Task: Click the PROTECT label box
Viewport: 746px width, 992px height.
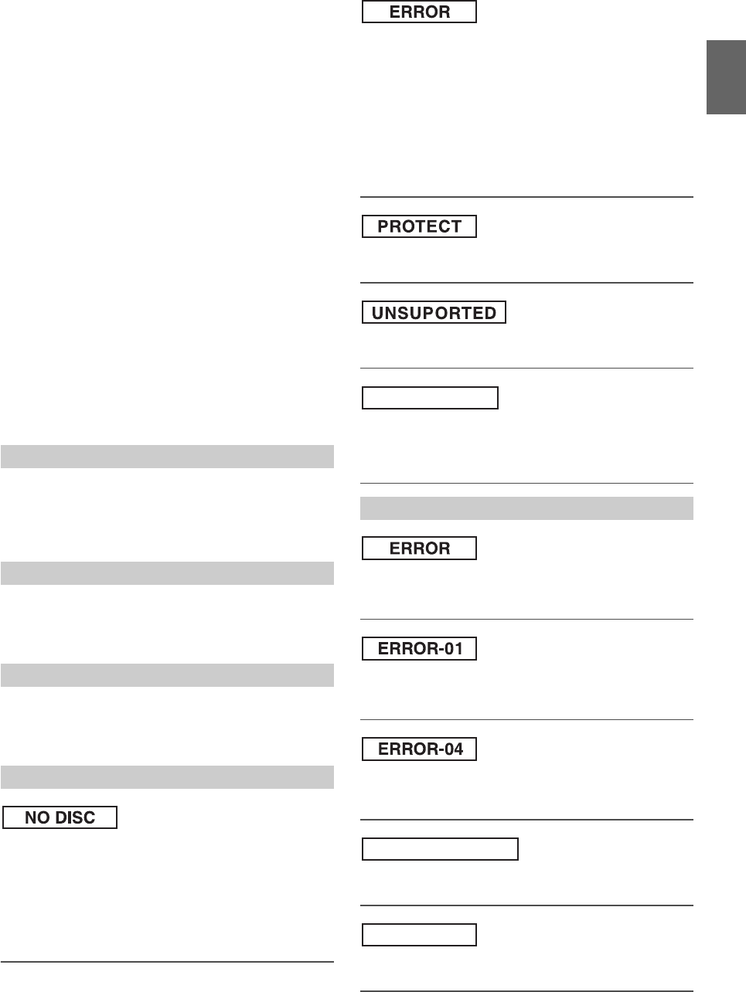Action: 419,226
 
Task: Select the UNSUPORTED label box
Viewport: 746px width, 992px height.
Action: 434,313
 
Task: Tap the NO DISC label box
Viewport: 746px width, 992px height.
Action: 60,817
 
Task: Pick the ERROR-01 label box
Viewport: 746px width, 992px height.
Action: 419,649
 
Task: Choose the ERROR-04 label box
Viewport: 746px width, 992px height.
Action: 419,749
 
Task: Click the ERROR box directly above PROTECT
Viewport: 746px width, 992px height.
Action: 419,12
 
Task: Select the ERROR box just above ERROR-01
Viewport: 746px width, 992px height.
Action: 419,549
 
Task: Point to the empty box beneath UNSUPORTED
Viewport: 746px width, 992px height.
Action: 430,398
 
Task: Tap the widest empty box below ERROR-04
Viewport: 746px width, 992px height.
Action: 440,849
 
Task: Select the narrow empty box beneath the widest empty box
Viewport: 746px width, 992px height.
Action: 419,935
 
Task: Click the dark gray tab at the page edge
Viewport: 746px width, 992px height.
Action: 726,77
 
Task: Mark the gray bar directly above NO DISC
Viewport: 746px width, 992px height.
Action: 167,776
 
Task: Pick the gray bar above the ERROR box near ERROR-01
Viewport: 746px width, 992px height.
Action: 526,508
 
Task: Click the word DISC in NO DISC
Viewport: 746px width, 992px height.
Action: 75,817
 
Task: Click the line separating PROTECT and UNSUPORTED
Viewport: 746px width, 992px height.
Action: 526,283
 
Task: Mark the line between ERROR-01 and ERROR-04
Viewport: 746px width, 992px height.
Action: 526,720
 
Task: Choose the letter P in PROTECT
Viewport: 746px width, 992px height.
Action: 383,226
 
